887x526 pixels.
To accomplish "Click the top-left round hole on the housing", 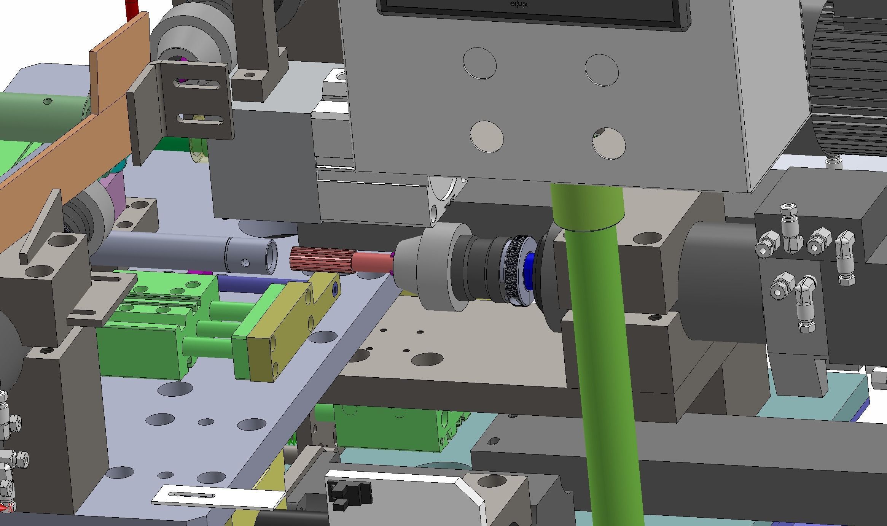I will pyautogui.click(x=479, y=64).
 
